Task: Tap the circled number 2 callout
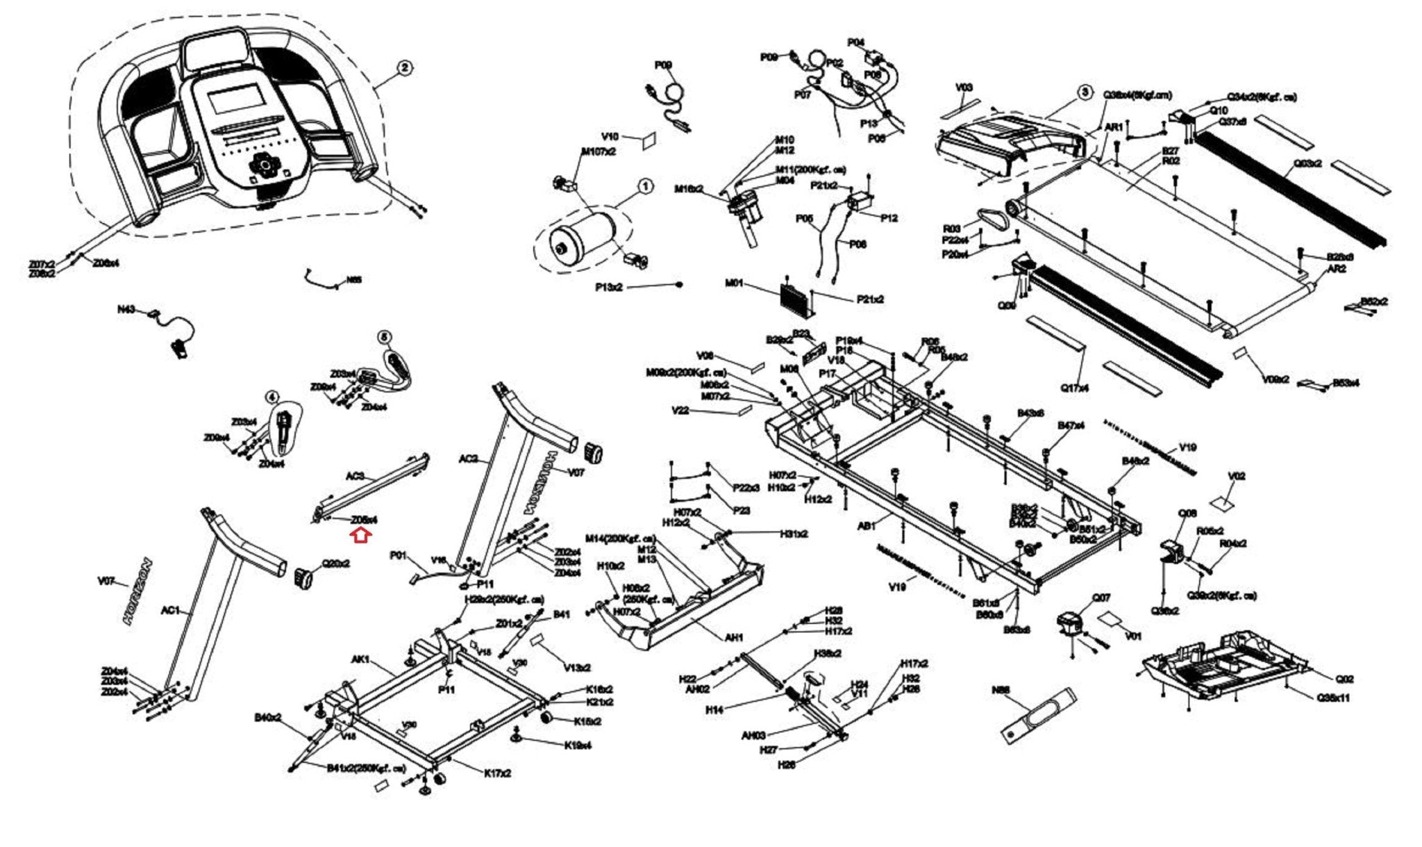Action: pos(405,67)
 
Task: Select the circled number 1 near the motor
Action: pos(645,186)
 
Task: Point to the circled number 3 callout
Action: pos(1084,92)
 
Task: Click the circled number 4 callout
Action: pos(273,397)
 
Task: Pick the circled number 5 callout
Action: pos(385,336)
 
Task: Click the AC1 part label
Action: pos(170,611)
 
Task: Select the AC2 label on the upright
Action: pos(469,459)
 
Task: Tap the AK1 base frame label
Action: pos(362,659)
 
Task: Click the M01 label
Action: pos(734,283)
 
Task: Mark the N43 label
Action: pos(126,310)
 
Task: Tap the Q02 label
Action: pos(1344,679)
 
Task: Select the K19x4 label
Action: pos(578,746)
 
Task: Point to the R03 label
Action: pos(951,228)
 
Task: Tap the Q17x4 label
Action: pos(1074,388)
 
